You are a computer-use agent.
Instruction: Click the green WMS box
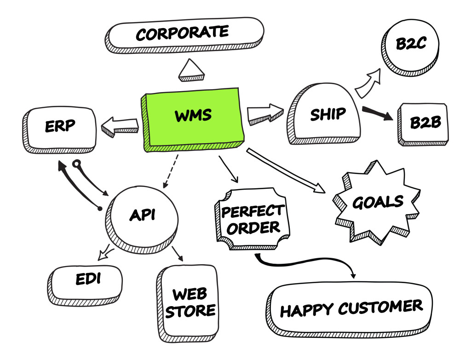pyautogui.click(x=193, y=117)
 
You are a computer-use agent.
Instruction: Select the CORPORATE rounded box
pyautogui.click(x=184, y=35)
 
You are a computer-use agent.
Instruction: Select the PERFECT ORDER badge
pyautogui.click(x=251, y=219)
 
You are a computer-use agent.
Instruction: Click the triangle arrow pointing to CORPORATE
pyautogui.click(x=191, y=71)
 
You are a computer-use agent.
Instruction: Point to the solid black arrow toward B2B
pyautogui.click(x=377, y=113)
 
